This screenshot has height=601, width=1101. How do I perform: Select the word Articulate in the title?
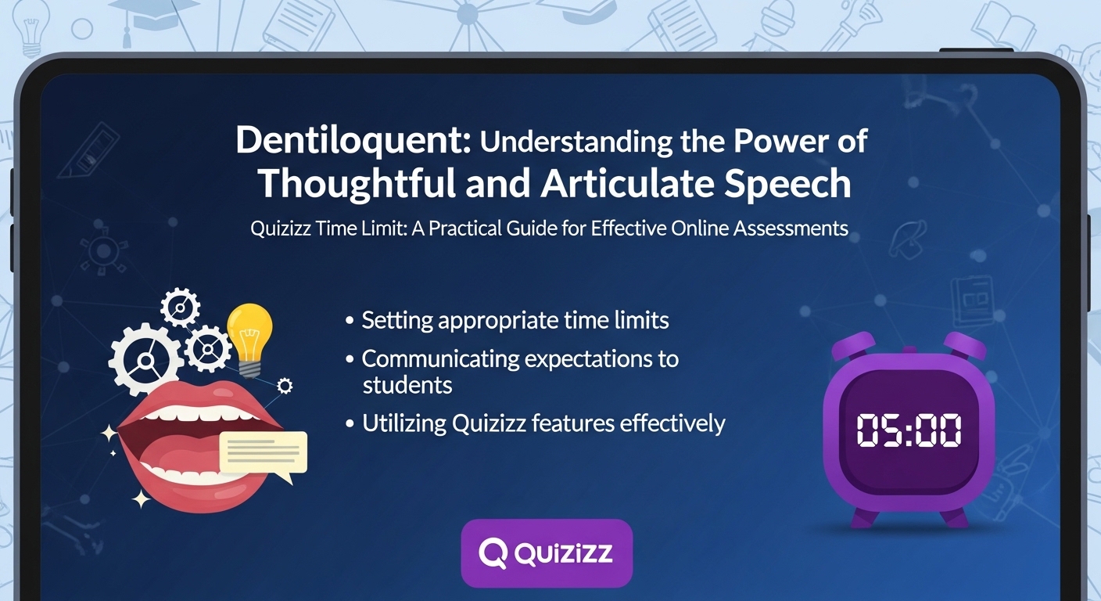629,184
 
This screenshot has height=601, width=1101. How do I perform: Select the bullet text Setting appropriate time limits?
515,321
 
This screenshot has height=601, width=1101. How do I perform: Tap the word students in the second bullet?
407,385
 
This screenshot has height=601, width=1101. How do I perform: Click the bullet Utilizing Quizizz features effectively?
543,424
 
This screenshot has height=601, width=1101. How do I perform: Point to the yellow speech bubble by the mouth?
264,452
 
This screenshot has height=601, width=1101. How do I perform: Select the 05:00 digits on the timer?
909,431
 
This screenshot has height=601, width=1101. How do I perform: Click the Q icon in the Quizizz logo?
493,553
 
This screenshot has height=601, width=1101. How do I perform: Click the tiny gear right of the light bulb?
285,385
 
